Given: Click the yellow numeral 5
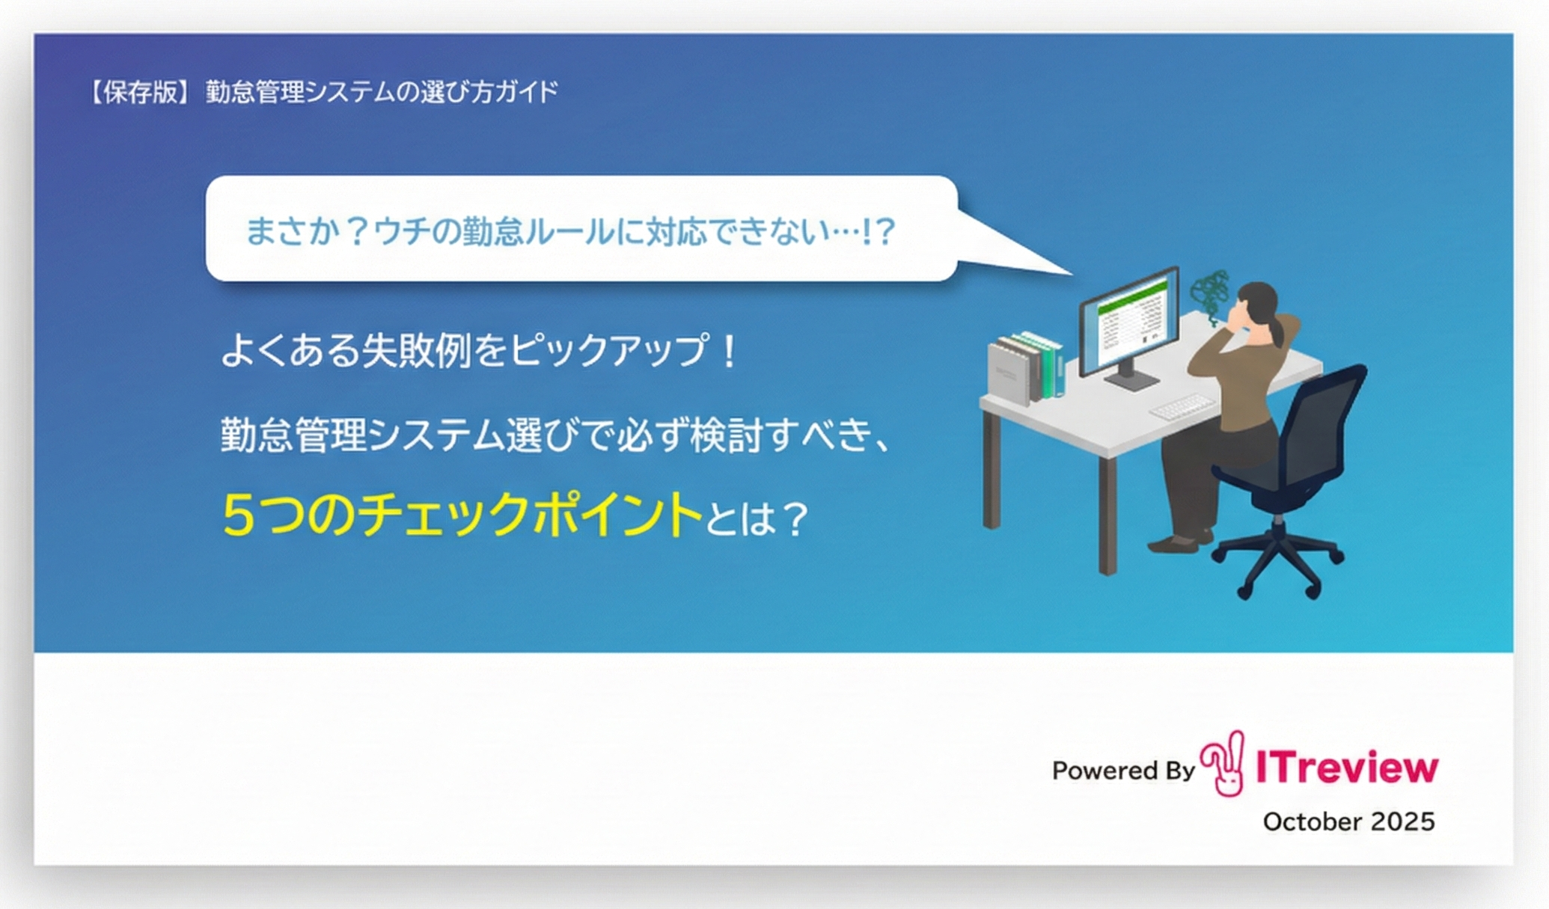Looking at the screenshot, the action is pyautogui.click(x=239, y=515).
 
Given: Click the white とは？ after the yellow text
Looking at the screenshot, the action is pyautogui.click(x=757, y=518).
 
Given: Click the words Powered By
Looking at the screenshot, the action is pyautogui.click(x=1123, y=771).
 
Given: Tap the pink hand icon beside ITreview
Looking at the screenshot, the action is pyautogui.click(x=1223, y=764).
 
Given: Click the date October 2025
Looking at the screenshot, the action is pyautogui.click(x=1348, y=821).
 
